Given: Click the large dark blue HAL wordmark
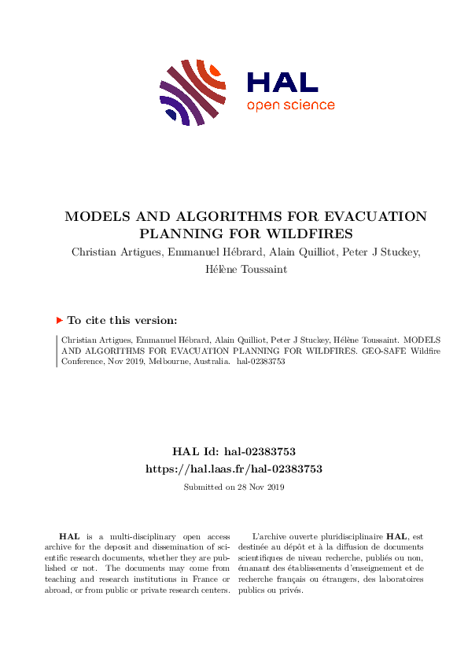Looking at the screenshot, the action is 282,83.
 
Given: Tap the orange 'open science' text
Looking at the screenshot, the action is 290,105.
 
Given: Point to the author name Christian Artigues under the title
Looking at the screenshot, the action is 117,252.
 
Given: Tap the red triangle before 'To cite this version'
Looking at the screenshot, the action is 59,320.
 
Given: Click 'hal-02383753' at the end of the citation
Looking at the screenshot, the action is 260,362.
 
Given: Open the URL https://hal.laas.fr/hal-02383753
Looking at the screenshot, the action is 234,468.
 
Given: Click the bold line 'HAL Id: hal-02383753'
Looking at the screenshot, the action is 234,451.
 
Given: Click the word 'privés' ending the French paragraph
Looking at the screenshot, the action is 289,590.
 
